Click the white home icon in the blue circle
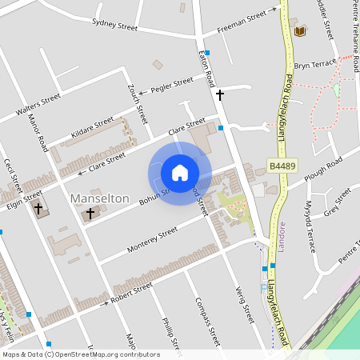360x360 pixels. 180,172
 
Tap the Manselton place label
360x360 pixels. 100,198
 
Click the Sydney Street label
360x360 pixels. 115,25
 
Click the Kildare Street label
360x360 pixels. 93,126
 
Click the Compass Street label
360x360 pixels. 206,320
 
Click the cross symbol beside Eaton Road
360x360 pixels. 219,94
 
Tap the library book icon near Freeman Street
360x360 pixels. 300,31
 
